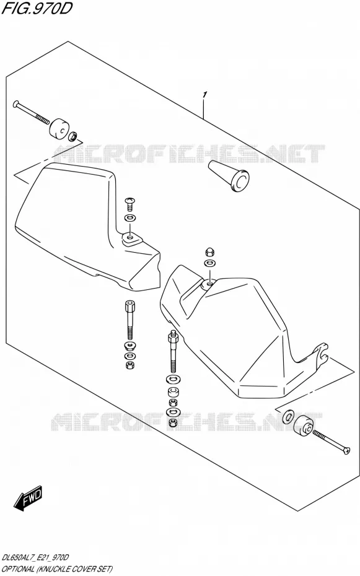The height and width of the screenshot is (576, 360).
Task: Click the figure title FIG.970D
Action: pyautogui.click(x=36, y=8)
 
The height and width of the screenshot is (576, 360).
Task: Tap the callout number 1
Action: pyautogui.click(x=204, y=95)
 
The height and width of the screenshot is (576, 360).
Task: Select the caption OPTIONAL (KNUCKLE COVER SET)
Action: pyautogui.click(x=57, y=569)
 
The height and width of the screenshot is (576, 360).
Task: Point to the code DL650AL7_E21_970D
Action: pyautogui.click(x=35, y=557)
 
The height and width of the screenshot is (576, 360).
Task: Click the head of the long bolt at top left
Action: pyautogui.click(x=15, y=103)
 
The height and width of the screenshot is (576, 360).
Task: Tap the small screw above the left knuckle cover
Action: pyautogui.click(x=130, y=202)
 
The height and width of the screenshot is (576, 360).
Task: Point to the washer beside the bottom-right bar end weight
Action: pyautogui.click(x=288, y=417)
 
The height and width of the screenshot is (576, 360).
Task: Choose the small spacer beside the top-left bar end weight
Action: pyautogui.click(x=73, y=137)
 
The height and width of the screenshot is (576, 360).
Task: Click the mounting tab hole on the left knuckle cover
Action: pyautogui.click(x=130, y=238)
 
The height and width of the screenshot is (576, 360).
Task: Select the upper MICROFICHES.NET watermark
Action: pyautogui.click(x=189, y=154)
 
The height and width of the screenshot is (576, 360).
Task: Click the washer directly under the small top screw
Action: pyautogui.click(x=130, y=218)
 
